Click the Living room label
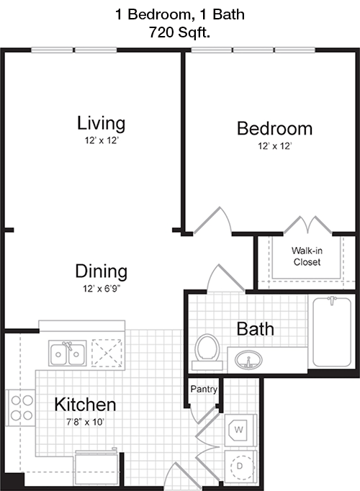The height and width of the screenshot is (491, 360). point(101,123)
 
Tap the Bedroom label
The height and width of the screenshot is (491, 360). point(274,129)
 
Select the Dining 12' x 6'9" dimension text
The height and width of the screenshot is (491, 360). point(102,289)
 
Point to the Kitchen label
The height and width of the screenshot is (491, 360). point(85,405)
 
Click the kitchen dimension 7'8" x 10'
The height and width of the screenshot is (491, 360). point(85,422)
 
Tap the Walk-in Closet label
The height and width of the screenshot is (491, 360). point(307,256)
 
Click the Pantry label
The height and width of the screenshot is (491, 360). point(204,389)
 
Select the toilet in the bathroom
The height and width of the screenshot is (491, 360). point(207,351)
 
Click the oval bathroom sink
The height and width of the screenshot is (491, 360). point(248,360)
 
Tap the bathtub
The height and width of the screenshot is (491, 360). point(332,332)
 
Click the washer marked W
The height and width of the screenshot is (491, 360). point(240,431)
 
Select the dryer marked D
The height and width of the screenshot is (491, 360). point(240,467)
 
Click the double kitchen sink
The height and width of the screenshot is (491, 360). point(67,353)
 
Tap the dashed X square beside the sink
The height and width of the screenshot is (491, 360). point(107,353)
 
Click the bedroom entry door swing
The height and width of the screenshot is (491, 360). point(212,220)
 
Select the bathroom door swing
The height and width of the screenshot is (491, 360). point(225,278)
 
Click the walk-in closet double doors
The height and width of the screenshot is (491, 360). point(307,225)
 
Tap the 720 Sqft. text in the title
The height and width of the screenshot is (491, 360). point(179,32)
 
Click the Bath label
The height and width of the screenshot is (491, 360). point(256,329)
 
